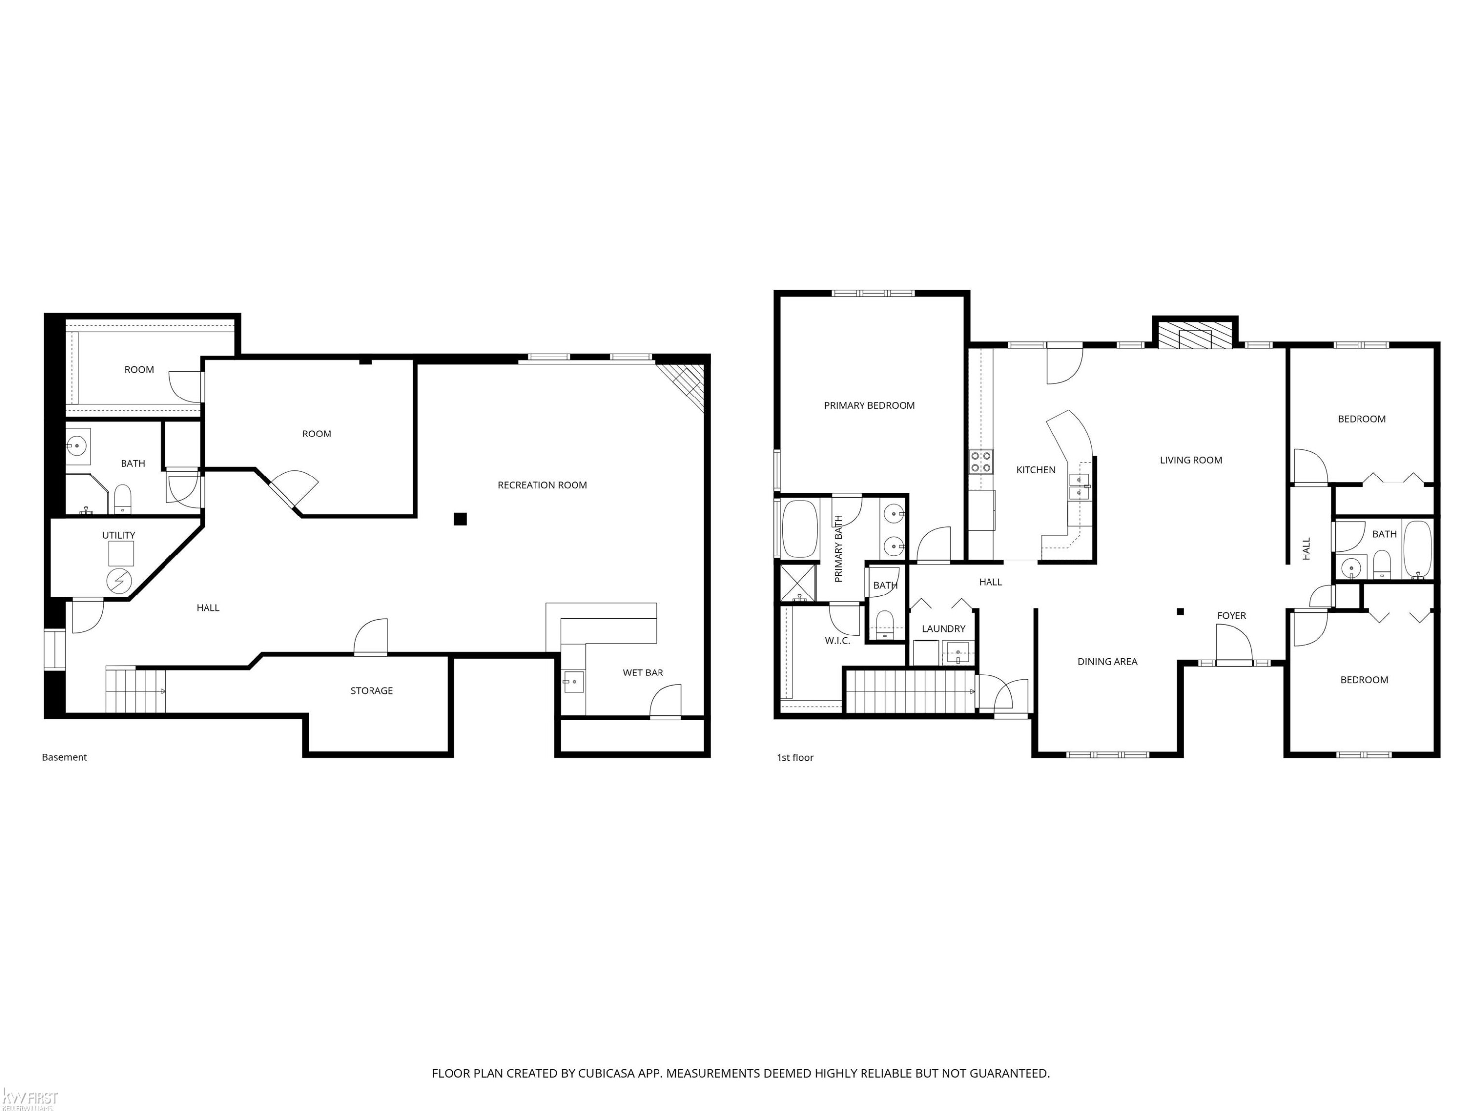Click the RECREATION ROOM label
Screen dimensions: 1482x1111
pos(542,485)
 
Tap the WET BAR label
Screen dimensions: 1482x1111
pos(643,673)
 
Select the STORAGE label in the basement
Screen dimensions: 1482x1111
pos(371,690)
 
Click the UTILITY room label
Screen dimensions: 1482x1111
pos(119,535)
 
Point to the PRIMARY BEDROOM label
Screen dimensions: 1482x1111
pos(869,405)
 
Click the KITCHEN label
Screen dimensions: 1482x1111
pos(1036,470)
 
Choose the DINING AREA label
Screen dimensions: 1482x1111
pos(1107,662)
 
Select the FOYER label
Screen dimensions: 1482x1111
pos(1232,615)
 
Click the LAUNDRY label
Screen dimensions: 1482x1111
pos(944,628)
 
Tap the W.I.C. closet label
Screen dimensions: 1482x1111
pos(837,641)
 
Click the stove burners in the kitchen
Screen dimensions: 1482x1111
pos(981,462)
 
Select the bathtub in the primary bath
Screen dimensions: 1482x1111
pos(799,529)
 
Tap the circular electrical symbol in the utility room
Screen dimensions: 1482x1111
pos(119,581)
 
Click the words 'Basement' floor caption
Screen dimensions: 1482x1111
pos(64,757)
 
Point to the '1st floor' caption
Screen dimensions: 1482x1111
pos(794,757)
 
